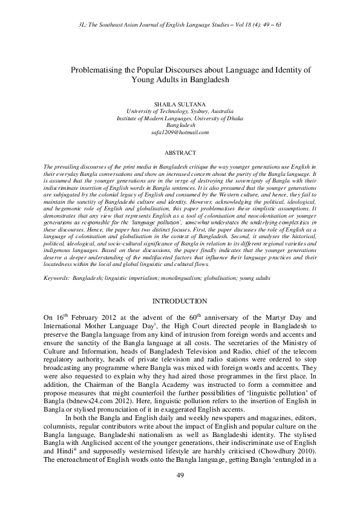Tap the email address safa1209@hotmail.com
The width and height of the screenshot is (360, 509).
pyautogui.click(x=180, y=132)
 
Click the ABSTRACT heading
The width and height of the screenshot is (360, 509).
pyautogui.click(x=180, y=154)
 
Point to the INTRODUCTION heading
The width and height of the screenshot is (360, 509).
pyautogui.click(x=180, y=301)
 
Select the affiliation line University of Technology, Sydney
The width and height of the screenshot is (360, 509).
pyautogui.click(x=180, y=112)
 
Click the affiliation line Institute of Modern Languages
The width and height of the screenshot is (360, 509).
pyautogui.click(x=180, y=118)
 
